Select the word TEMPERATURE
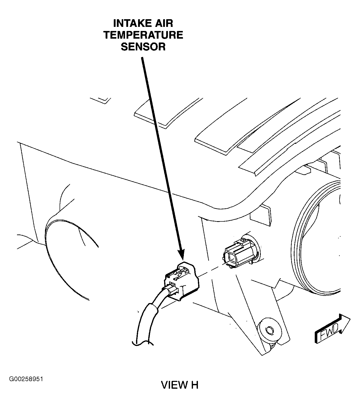tap(143, 35)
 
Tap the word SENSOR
tap(143, 47)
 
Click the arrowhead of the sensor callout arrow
tap(182, 255)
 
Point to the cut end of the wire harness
tap(142, 342)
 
